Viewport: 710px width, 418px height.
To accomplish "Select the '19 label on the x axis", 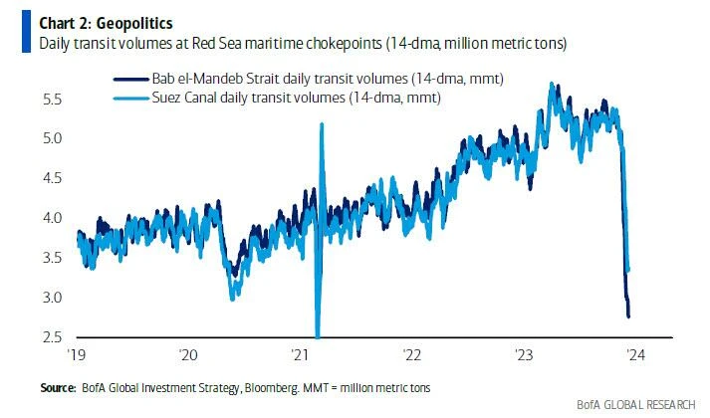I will (x=77, y=354).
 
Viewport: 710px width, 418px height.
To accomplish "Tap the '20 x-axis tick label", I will (x=189, y=354).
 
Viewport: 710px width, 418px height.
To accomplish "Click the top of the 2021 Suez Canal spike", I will (x=322, y=124).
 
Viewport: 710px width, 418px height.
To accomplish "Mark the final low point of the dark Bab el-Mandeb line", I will (x=628, y=316).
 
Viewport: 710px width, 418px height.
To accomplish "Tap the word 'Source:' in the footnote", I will (x=57, y=385).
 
